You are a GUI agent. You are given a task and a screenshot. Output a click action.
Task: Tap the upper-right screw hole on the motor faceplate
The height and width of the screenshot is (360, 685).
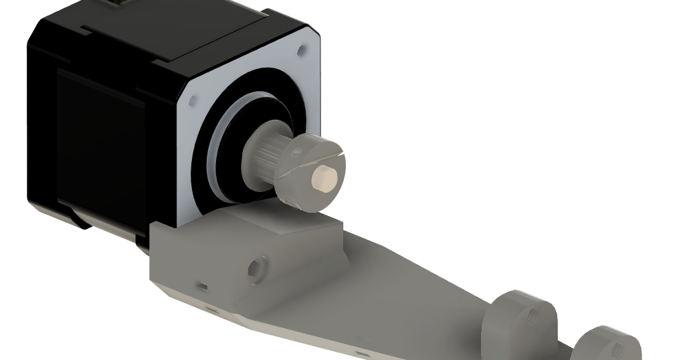(301, 49)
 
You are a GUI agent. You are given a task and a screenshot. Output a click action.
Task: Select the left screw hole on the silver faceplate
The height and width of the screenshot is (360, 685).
(193, 102)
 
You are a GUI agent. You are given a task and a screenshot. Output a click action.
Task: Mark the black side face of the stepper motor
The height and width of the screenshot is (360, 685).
(100, 147)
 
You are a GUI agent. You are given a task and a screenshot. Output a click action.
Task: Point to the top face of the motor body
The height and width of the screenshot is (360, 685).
(167, 27)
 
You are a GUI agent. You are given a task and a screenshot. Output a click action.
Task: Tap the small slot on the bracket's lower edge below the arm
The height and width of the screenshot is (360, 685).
(362, 353)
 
